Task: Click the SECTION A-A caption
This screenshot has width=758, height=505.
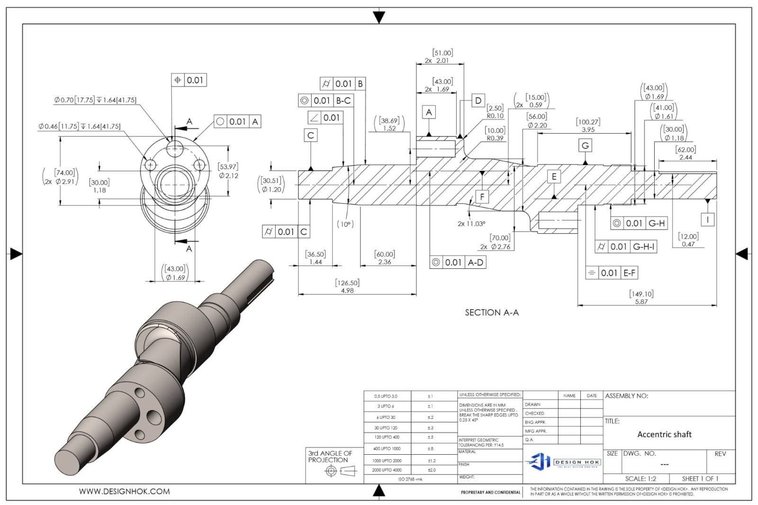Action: click(x=491, y=312)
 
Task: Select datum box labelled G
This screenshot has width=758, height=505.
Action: click(x=585, y=146)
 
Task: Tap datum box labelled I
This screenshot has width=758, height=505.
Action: click(x=707, y=219)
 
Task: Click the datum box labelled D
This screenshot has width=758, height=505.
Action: click(x=478, y=101)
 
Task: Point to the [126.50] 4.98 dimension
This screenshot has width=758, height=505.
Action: click(x=347, y=286)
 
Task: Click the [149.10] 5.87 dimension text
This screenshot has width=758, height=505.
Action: click(x=641, y=298)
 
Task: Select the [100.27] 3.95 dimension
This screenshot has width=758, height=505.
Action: click(x=588, y=126)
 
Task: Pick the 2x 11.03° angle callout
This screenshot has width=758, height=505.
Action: click(x=471, y=224)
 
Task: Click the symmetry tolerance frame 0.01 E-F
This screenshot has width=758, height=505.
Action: click(x=612, y=273)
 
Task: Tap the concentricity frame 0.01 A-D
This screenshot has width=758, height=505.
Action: click(x=458, y=262)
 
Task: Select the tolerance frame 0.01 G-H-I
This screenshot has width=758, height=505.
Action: click(x=626, y=247)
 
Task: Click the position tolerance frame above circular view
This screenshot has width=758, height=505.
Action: click(x=189, y=80)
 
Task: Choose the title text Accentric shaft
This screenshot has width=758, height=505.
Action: click(x=664, y=434)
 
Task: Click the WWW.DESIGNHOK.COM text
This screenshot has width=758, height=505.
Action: click(x=124, y=492)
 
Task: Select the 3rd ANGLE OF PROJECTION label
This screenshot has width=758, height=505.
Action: click(x=330, y=457)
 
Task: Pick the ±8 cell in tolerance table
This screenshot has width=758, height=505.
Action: click(x=430, y=448)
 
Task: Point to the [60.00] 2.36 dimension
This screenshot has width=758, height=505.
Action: click(x=384, y=258)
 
